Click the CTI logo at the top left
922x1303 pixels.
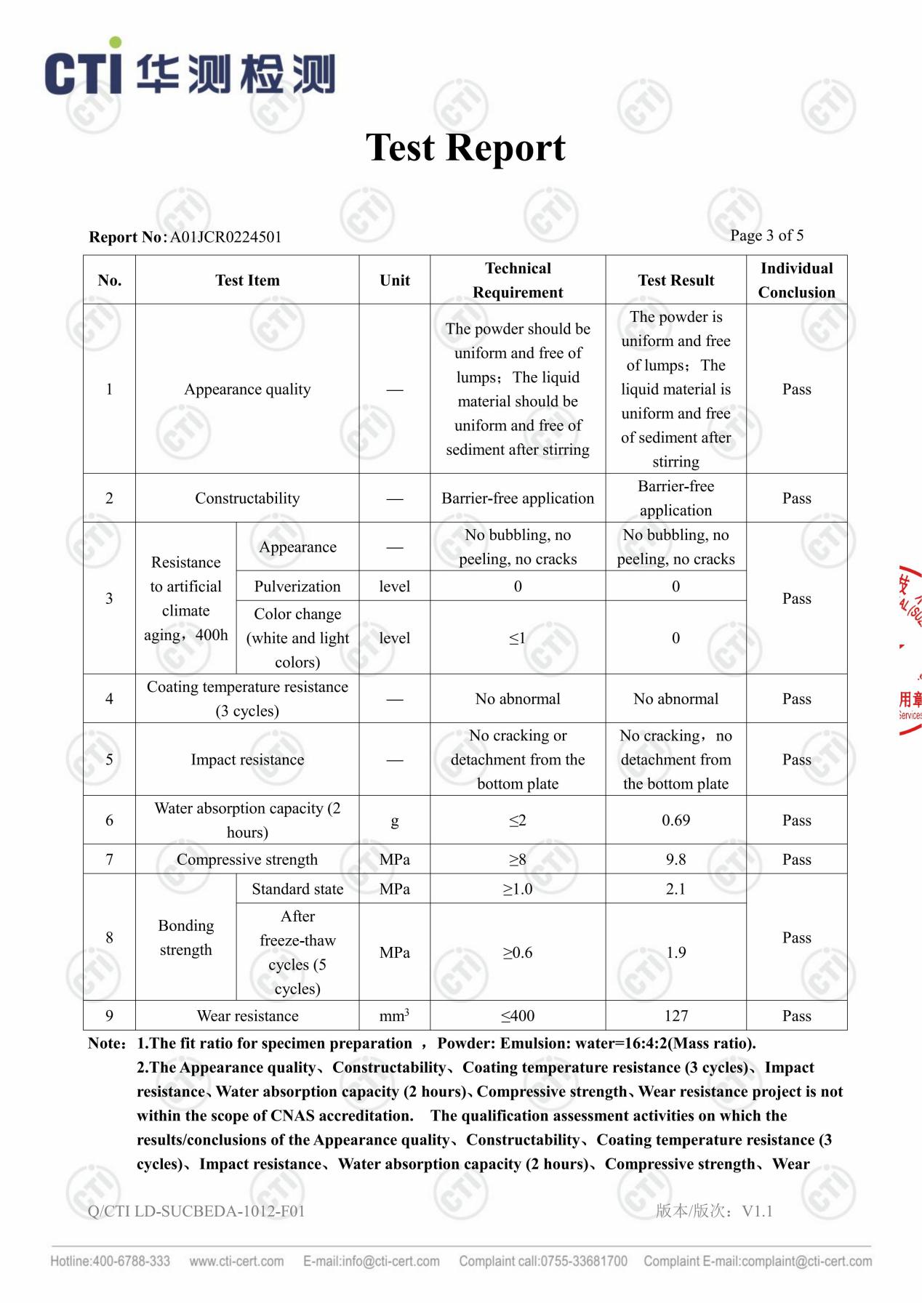point(189,71)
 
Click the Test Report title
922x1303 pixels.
point(465,148)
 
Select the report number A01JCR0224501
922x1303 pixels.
point(225,237)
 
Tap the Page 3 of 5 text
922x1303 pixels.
point(766,235)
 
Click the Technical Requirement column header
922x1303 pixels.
point(518,280)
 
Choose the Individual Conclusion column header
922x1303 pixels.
point(796,280)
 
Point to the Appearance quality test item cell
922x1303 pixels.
point(247,390)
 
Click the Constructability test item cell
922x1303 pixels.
point(247,499)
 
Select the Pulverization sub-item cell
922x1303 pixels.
point(297,586)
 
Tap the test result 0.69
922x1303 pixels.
point(676,820)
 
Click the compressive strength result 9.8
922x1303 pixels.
point(676,860)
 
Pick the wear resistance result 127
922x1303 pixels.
point(676,1016)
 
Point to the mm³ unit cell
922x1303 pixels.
point(394,1015)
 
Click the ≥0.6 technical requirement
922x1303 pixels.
point(518,953)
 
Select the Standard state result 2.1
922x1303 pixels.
point(676,889)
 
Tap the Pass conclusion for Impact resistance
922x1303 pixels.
point(796,760)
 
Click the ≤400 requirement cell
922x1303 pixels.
point(518,1016)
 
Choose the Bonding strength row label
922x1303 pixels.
point(186,937)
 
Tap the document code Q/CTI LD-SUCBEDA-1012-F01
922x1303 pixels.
point(196,1211)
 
